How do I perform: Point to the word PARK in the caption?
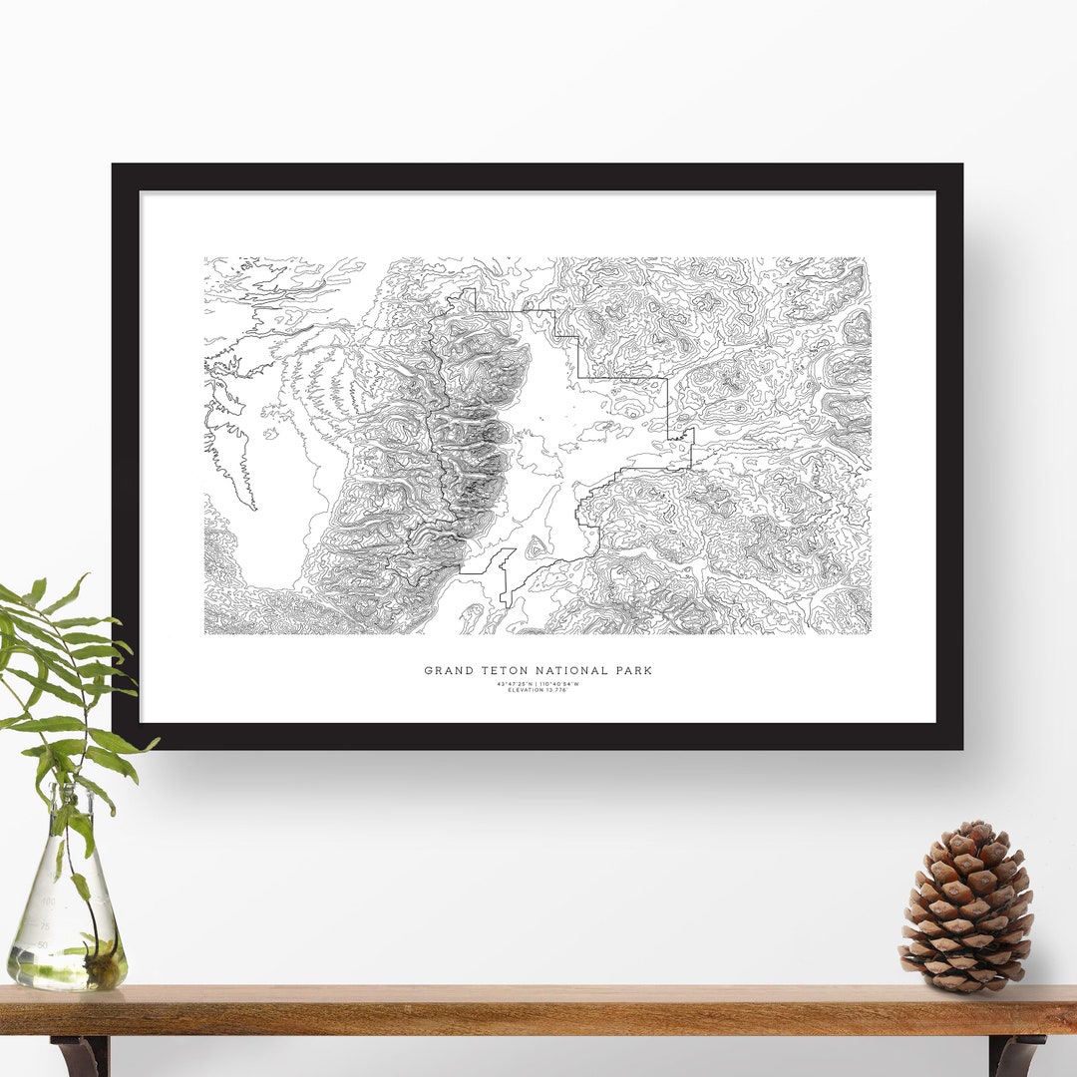[x=632, y=671]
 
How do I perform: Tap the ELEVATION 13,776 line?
[x=538, y=690]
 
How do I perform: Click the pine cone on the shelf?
[x=965, y=907]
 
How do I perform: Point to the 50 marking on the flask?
[x=43, y=943]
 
